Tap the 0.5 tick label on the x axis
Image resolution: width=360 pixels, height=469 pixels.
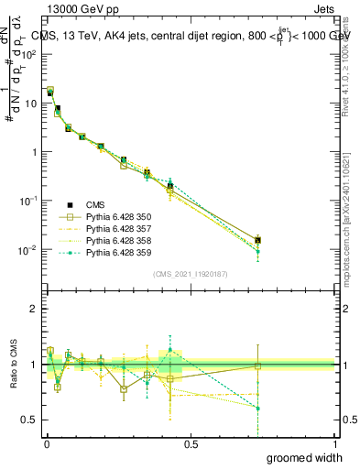tap(191, 443)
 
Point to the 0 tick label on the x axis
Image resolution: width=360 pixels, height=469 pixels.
tap(46, 443)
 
